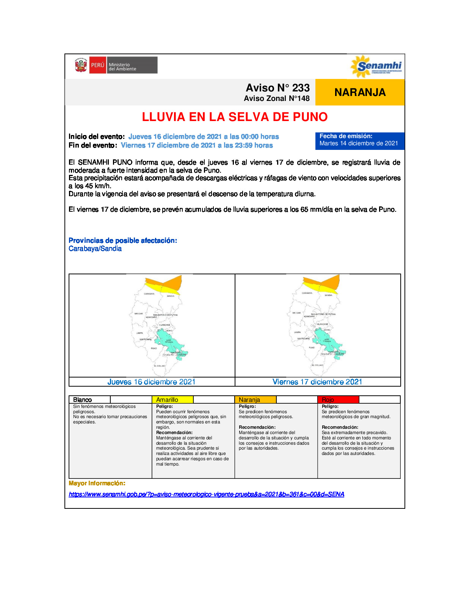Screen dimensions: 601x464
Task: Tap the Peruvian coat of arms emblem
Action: (81, 65)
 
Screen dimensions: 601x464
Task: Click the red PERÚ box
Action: (97, 65)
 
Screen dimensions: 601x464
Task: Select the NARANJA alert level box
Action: (360, 92)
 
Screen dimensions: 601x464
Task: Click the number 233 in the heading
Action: (301, 88)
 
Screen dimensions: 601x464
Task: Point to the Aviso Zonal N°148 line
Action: (276, 99)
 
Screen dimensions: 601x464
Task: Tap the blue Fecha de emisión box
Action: (359, 140)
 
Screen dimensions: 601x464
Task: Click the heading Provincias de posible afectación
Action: (123, 241)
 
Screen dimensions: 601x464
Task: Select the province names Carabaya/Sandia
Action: (95, 249)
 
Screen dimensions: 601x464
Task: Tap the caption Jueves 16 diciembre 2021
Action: (152, 382)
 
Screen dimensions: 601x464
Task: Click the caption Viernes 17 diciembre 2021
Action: (317, 382)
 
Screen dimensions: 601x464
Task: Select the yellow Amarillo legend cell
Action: (172, 400)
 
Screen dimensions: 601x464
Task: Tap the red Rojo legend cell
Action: (338, 400)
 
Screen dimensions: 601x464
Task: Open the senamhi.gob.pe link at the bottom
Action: (206, 494)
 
